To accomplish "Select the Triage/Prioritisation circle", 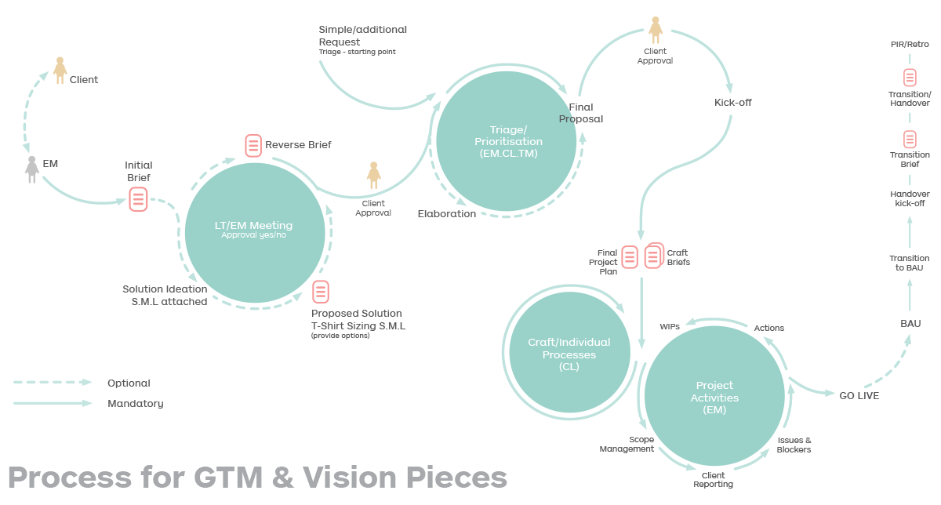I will (x=507, y=140).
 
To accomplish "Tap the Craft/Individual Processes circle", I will (x=570, y=354).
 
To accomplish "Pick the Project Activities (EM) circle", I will (x=714, y=396).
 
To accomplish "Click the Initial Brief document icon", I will (x=139, y=199).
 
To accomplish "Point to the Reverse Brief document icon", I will (x=253, y=145).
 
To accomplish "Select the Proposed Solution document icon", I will (x=321, y=292).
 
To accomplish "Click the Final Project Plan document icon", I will (x=629, y=256).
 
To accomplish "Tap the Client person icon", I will (x=60, y=71).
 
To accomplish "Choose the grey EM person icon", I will (x=32, y=169).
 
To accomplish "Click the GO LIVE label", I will (x=859, y=396).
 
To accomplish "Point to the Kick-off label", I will (x=732, y=102).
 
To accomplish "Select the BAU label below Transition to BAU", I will (x=910, y=323).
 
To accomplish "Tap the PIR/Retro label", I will (x=910, y=45).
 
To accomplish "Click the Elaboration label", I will (x=446, y=213).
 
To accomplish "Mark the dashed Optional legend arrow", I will (x=53, y=383).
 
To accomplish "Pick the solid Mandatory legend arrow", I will (x=53, y=403).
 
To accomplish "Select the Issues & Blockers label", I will (x=794, y=445).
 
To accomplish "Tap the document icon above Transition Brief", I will (x=910, y=140).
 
